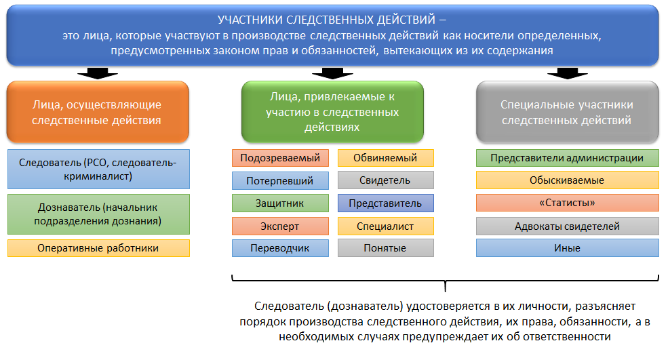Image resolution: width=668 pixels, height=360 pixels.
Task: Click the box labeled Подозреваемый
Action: coord(280,159)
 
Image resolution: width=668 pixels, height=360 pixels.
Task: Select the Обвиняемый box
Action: coord(385,159)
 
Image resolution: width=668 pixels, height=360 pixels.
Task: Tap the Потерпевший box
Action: coord(280,181)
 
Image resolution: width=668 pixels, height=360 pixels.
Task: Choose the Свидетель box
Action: coord(385,181)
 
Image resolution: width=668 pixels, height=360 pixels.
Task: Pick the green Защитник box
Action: coord(280,203)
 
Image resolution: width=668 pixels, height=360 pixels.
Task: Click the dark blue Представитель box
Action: coord(385,203)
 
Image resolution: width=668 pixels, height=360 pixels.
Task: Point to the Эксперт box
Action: coord(280,226)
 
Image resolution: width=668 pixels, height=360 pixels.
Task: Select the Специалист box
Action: coord(385,226)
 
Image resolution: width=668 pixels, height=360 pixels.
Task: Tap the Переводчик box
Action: coord(280,248)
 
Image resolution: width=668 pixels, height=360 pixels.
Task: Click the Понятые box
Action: coord(385,248)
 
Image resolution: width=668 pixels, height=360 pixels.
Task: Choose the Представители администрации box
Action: coord(567,159)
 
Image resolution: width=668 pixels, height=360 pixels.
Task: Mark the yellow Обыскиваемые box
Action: coord(567,181)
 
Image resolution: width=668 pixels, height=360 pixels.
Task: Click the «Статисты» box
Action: coord(567,203)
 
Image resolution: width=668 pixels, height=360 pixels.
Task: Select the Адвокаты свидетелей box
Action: coord(567,226)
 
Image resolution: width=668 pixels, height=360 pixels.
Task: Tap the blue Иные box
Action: coord(567,248)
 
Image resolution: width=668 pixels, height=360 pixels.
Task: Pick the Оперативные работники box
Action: coord(98,248)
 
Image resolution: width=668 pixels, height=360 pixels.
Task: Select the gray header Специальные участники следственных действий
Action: coord(567,113)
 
